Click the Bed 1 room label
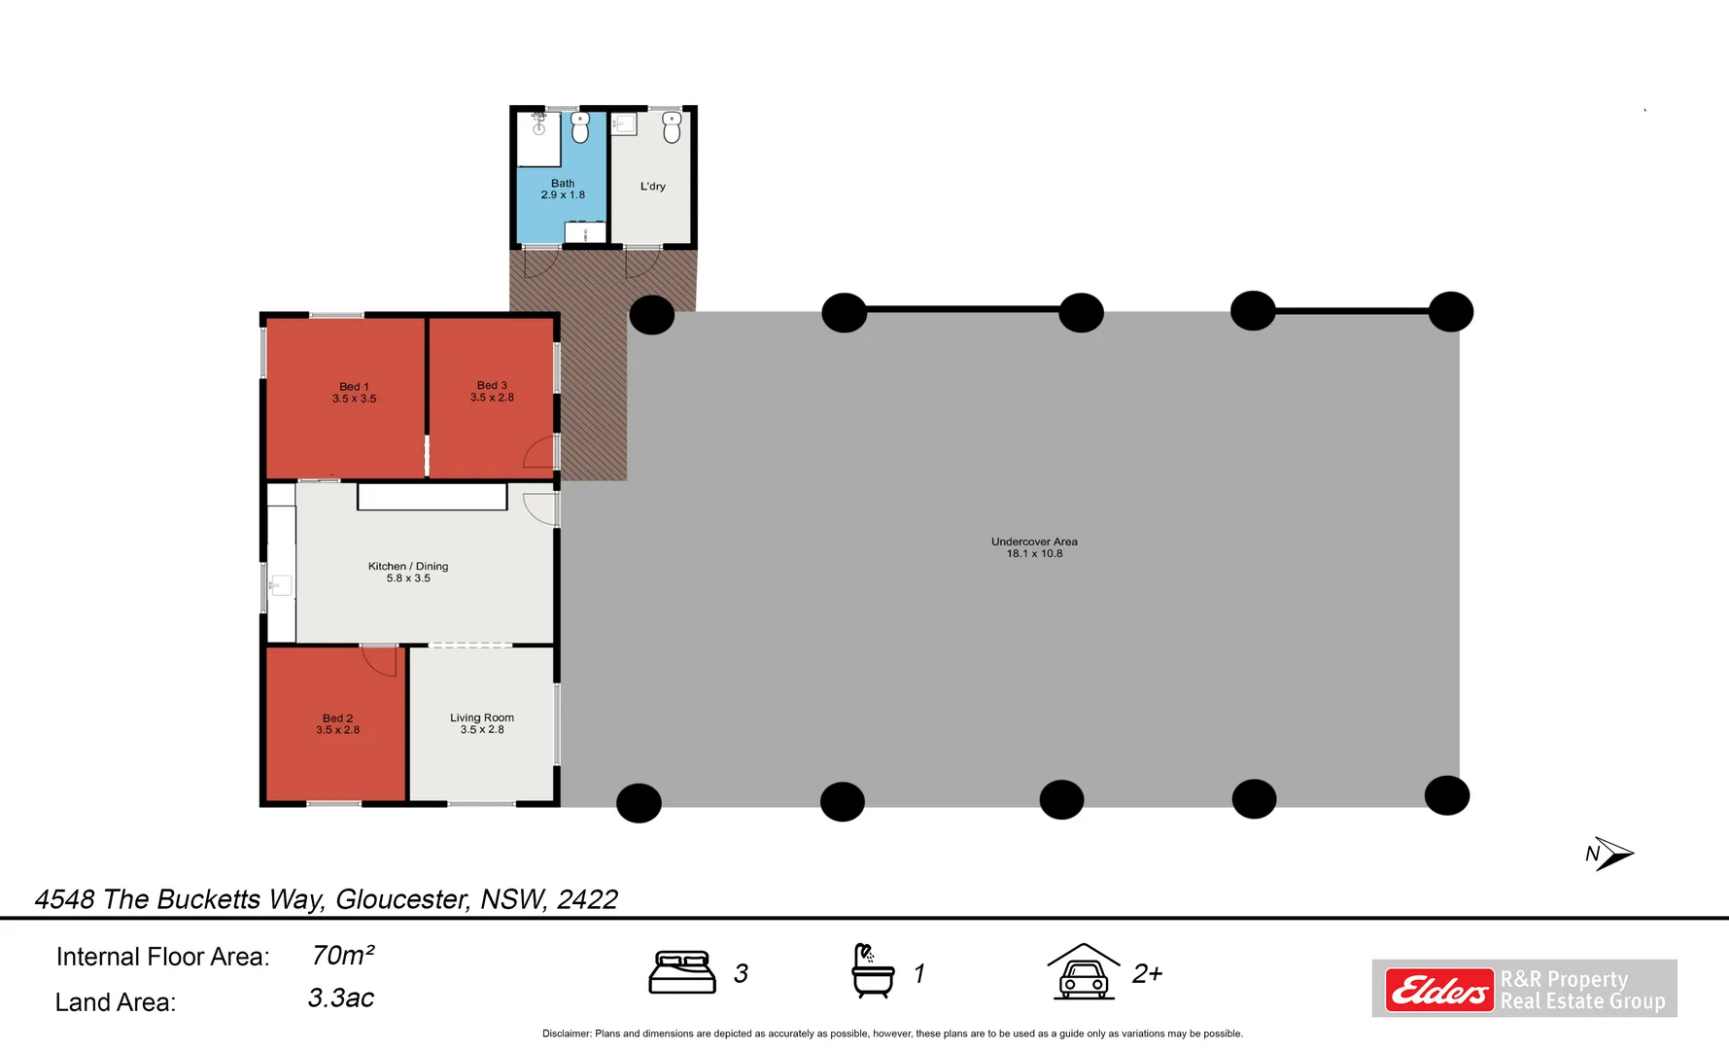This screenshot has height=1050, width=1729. [354, 387]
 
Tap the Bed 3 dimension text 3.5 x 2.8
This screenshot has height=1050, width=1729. [492, 398]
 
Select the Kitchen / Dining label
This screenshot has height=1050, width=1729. [408, 566]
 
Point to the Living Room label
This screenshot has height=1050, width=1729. [482, 717]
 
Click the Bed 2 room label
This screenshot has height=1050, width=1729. [337, 718]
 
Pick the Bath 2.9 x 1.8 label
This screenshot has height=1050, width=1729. [563, 189]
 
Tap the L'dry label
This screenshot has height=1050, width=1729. [653, 186]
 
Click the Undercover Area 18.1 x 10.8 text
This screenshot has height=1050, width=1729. [1034, 547]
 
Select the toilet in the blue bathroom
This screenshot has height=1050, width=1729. [580, 127]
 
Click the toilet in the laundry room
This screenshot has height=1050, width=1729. [672, 126]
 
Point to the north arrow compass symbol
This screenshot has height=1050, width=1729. [1611, 854]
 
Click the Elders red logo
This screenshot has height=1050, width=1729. [1439, 991]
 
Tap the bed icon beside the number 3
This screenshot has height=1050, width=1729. [682, 972]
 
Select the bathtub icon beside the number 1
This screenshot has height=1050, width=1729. [872, 971]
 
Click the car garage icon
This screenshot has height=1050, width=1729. [1084, 972]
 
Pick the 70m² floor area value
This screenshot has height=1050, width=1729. [343, 956]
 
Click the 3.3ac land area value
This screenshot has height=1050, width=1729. [341, 998]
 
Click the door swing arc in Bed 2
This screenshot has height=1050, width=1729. [381, 661]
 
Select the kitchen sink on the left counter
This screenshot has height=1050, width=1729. [281, 585]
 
